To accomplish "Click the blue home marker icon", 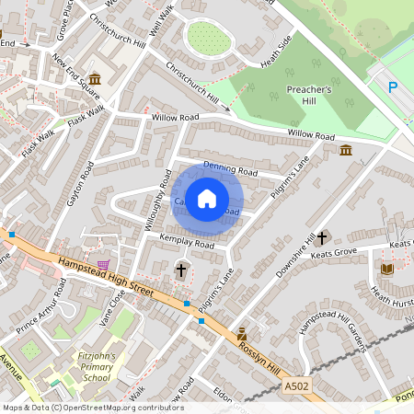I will click(x=207, y=198).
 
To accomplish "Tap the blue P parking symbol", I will click(x=393, y=87).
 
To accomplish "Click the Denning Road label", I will click(x=230, y=170).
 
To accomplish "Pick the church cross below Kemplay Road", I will click(x=181, y=270).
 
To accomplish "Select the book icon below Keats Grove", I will click(x=386, y=269).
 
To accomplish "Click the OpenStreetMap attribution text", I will click(x=92, y=408).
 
